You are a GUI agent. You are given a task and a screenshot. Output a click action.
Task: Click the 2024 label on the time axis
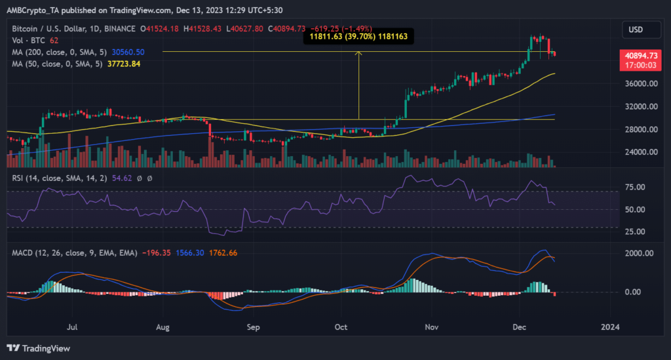point(611,325)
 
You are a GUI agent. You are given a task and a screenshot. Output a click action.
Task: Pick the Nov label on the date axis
point(431,325)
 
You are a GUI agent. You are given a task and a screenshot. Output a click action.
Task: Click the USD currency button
point(636,30)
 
